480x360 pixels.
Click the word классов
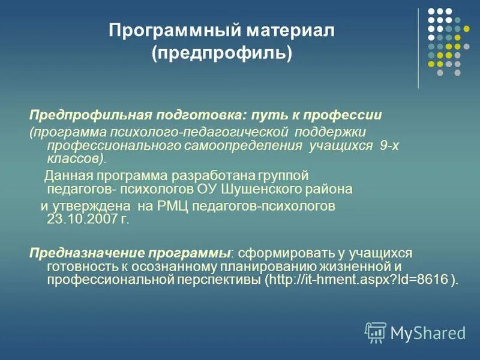[74, 159]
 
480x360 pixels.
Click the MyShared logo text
[428, 332]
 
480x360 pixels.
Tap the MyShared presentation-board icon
[376, 332]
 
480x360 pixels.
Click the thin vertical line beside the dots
[418, 48]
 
